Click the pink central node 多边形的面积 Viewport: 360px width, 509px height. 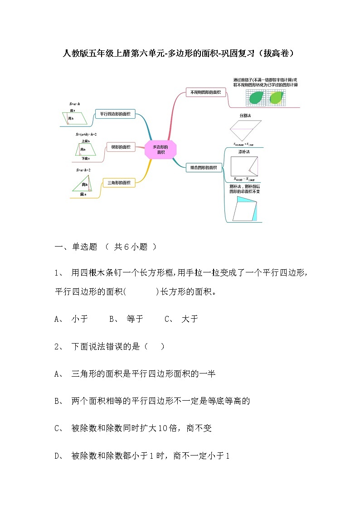(x=160, y=149)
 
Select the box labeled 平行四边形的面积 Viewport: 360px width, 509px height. (x=115, y=114)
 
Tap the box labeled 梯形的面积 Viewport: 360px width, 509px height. (x=121, y=146)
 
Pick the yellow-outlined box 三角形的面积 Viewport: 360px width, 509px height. (x=119, y=183)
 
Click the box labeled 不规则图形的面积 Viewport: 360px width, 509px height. (x=205, y=92)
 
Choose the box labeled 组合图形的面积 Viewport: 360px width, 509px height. (x=204, y=168)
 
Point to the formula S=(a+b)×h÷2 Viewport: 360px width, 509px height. (x=86, y=134)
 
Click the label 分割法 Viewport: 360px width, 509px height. (x=245, y=116)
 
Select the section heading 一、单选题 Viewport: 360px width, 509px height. (x=76, y=247)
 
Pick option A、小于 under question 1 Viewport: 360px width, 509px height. (x=71, y=319)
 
